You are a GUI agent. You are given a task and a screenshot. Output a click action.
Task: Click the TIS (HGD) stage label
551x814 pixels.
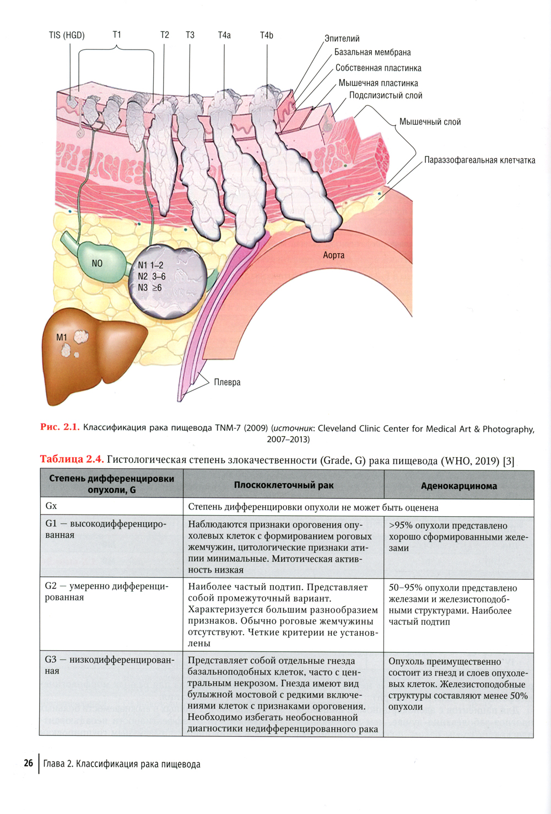tap(67, 35)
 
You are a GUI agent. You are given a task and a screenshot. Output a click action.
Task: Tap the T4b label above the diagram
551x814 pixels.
tap(267, 35)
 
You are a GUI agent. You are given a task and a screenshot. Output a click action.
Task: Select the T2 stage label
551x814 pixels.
tap(165, 35)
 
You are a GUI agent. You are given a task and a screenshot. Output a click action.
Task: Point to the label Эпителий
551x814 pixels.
tap(342, 39)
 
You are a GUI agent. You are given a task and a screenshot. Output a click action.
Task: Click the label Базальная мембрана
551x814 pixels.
tap(372, 52)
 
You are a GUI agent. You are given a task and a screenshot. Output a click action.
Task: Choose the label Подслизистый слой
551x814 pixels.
tap(386, 95)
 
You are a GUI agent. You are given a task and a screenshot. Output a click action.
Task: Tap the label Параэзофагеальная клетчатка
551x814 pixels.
tap(479, 160)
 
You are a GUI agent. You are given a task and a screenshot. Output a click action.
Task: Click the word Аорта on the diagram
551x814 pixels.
tap(334, 255)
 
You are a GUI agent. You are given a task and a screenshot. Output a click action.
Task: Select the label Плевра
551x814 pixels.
tap(227, 382)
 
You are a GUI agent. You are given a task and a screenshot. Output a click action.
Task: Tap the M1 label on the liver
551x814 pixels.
tap(61, 338)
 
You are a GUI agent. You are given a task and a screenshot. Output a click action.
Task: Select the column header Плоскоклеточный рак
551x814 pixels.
tap(283, 485)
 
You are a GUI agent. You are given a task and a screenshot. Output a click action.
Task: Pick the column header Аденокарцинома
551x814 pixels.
tap(458, 486)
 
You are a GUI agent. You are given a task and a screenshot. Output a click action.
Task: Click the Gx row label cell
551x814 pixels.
tap(51, 506)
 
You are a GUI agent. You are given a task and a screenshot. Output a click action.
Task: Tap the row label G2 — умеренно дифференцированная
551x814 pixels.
tap(107, 592)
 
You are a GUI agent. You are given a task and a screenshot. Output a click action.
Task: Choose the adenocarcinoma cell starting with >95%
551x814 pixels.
tap(458, 537)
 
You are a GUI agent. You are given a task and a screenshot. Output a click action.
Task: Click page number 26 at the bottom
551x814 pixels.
tap(28, 764)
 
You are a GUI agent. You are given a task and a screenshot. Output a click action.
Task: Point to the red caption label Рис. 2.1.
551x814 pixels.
tap(60, 427)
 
